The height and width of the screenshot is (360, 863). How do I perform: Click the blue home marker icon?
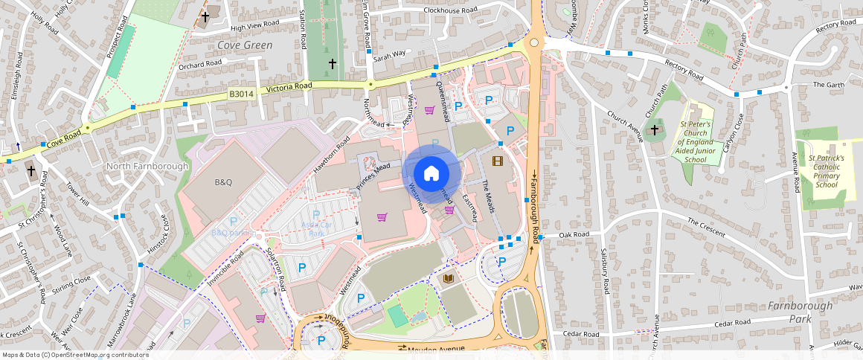[431, 174]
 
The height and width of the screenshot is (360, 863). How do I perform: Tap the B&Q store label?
[224, 182]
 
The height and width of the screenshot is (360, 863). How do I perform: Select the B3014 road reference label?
[241, 94]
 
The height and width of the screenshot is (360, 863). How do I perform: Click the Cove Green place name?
[245, 45]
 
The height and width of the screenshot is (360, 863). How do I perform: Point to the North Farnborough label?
[147, 166]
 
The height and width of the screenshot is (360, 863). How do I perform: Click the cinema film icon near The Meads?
[497, 161]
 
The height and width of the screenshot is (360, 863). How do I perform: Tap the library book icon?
[449, 279]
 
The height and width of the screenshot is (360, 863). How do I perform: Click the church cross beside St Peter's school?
[655, 132]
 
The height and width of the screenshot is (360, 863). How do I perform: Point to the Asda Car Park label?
[316, 228]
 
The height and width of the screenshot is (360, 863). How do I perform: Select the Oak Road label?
[574, 234]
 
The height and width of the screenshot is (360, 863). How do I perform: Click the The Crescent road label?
[705, 228]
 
